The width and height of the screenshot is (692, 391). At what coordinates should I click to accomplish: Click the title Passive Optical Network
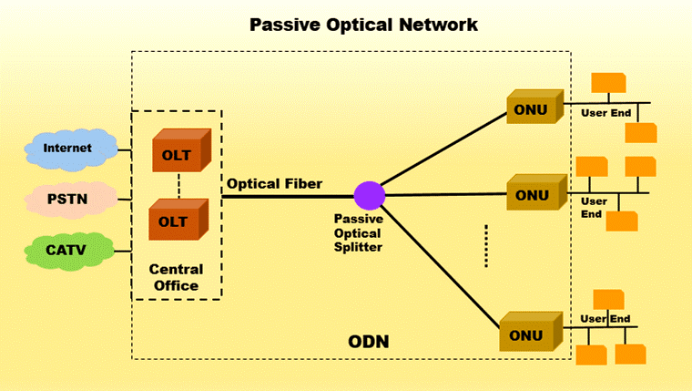click(x=363, y=25)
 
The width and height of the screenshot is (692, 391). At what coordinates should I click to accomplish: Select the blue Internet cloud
click(x=68, y=148)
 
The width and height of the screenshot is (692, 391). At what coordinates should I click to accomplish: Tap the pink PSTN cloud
click(x=68, y=197)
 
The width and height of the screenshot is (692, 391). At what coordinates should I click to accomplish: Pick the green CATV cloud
click(x=68, y=247)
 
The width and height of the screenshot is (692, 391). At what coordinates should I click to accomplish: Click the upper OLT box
click(x=178, y=153)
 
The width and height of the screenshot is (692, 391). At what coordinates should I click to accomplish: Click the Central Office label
click(x=177, y=278)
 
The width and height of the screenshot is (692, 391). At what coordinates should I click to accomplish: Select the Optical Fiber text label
click(x=274, y=183)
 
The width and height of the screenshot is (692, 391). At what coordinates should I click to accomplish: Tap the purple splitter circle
click(x=370, y=195)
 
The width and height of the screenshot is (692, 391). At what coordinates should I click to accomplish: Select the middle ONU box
click(x=531, y=194)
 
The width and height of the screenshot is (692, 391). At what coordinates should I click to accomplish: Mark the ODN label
click(x=369, y=342)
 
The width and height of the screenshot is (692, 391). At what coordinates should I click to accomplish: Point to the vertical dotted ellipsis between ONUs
click(x=486, y=246)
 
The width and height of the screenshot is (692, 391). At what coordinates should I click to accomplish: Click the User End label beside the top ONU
click(x=605, y=113)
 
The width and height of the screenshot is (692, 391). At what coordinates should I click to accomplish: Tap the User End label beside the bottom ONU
click(x=606, y=319)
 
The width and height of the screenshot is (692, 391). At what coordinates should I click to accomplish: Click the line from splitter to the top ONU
click(x=442, y=149)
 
